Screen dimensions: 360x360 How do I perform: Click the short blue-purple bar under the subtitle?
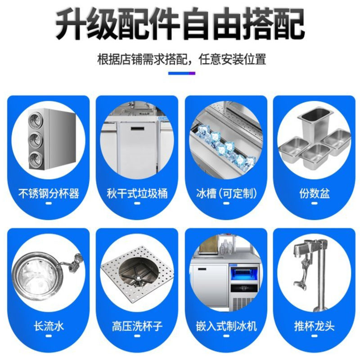(x=182, y=73)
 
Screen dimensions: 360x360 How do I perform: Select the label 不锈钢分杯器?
(x=49, y=193)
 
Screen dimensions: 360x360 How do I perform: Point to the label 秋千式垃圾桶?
(x=137, y=193)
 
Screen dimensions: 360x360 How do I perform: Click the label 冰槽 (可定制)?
(x=226, y=193)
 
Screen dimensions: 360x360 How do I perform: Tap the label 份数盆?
(x=315, y=193)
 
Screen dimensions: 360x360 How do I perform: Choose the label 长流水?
(x=49, y=326)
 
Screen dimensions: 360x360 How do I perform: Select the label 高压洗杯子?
(x=137, y=326)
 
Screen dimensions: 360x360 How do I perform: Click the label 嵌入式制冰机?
(x=226, y=326)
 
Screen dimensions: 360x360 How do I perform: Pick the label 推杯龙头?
(x=315, y=326)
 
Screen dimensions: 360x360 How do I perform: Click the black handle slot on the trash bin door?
(x=138, y=128)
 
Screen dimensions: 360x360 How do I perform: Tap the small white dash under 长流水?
(x=49, y=336)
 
